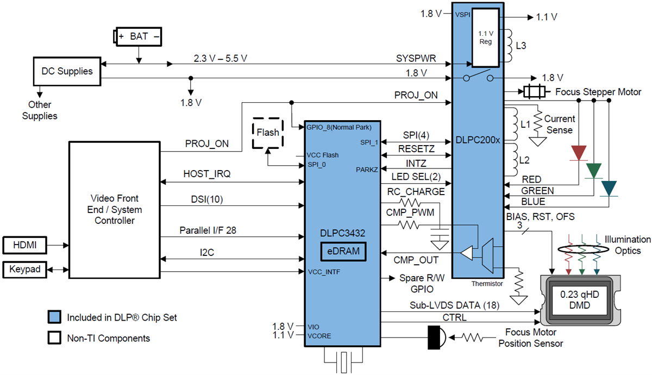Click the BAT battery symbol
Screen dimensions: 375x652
point(138,37)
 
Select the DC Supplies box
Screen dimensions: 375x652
point(67,71)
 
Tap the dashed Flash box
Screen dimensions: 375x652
point(268,132)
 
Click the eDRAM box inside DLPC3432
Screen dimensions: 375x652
point(342,252)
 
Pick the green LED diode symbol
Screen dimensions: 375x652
point(594,171)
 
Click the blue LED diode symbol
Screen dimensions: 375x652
point(609,189)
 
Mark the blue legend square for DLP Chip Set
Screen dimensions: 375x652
point(54,317)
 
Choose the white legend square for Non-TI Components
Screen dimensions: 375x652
point(54,338)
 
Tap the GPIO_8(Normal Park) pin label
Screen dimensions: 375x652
point(338,128)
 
